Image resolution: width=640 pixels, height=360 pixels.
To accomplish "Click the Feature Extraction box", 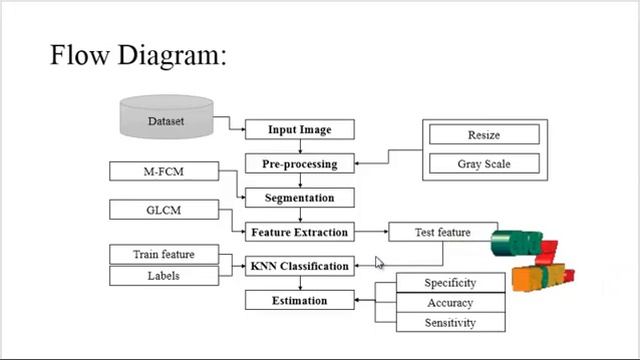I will click(x=299, y=232).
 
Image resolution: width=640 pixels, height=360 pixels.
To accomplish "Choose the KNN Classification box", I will click(x=299, y=266).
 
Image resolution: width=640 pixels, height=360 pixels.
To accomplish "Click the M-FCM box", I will click(x=163, y=171).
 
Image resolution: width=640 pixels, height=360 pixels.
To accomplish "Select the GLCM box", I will click(x=163, y=210).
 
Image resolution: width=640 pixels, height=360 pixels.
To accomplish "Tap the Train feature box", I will click(x=163, y=255).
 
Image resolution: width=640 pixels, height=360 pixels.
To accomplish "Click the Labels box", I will click(x=163, y=275).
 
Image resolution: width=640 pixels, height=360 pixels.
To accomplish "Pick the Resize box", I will click(x=484, y=135).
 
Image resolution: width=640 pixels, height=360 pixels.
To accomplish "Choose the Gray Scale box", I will click(x=484, y=162).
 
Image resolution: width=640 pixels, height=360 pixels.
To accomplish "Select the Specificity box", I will click(x=449, y=283).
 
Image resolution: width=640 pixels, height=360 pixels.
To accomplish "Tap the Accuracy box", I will click(x=449, y=303).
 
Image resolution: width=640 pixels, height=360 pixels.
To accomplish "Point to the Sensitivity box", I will click(x=449, y=323).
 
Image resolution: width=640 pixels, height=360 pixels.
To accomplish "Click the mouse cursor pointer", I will click(x=379, y=262).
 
